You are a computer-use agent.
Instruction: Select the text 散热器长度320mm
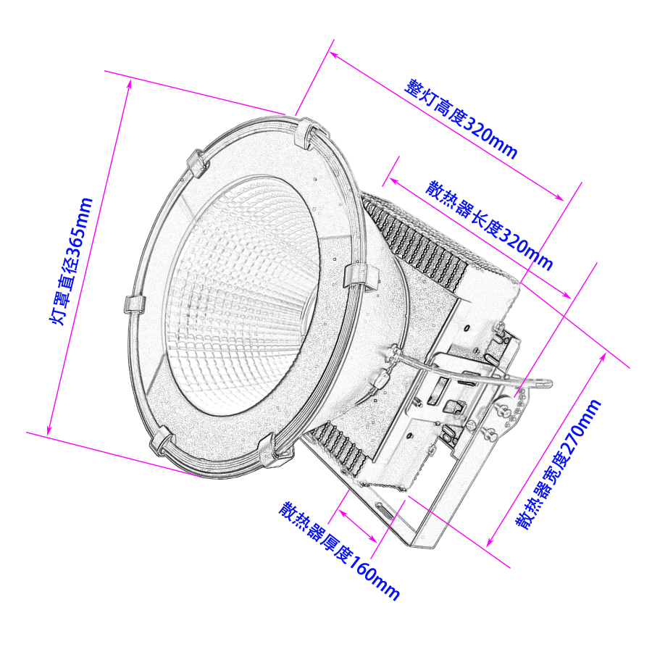pyautogui.click(x=489, y=225)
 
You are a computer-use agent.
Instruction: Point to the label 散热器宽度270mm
pyautogui.click(x=559, y=464)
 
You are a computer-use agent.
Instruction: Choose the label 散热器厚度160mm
pyautogui.click(x=340, y=550)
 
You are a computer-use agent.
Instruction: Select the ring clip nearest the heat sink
pyautogui.click(x=360, y=275)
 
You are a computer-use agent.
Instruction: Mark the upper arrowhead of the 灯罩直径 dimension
pyautogui.click(x=130, y=81)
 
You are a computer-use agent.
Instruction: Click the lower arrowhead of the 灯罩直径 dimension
pyautogui.click(x=49, y=433)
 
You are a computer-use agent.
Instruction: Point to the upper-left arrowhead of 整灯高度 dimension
pyautogui.click(x=333, y=53)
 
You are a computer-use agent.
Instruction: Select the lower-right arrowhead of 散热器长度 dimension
pyautogui.click(x=569, y=296)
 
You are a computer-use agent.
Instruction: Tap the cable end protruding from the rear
pyautogui.click(x=548, y=383)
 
